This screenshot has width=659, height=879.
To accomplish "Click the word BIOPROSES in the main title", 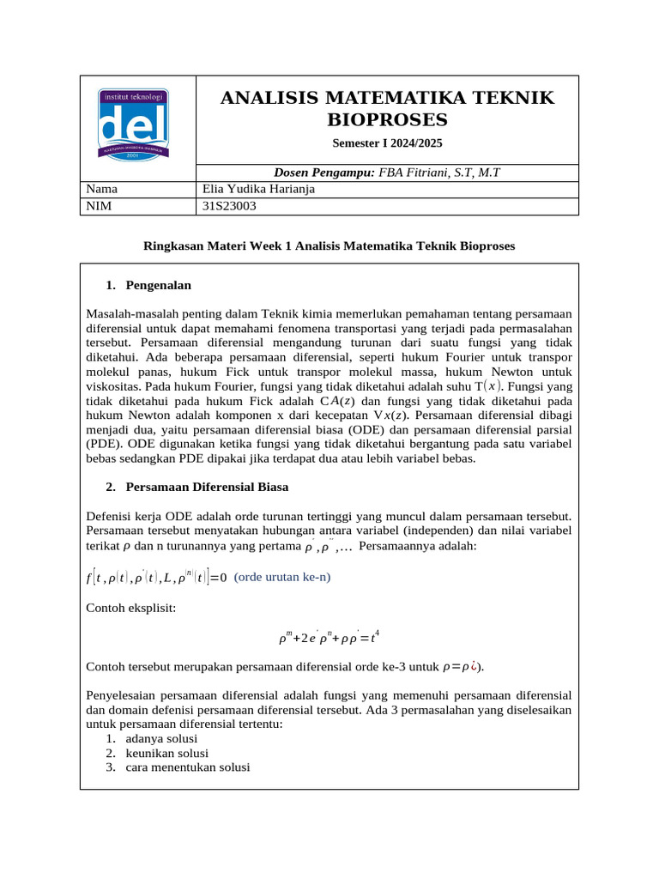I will pyautogui.click(x=387, y=119).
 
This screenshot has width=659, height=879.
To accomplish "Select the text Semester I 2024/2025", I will pyautogui.click(x=387, y=142).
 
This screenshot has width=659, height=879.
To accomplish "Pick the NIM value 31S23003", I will pyautogui.click(x=229, y=206).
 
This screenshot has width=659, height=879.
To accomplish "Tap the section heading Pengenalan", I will pyautogui.click(x=158, y=284).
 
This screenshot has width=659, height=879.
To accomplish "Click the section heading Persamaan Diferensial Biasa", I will pyautogui.click(x=207, y=487).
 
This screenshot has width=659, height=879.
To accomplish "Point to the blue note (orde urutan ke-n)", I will pyautogui.click(x=281, y=577).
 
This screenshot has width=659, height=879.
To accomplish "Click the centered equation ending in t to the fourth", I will pyautogui.click(x=329, y=638).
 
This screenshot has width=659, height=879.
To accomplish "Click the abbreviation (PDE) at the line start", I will pyautogui.click(x=104, y=445).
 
